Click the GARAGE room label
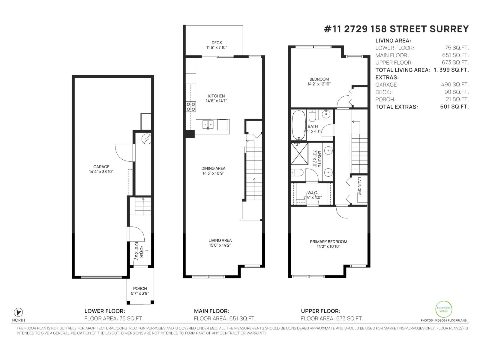(x=101, y=167)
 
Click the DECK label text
(x=217, y=43)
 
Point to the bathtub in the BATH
(x=298, y=125)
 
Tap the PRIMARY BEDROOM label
(x=328, y=241)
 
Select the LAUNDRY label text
(x=359, y=186)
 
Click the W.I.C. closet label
(x=312, y=193)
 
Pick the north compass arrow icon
(x=19, y=312)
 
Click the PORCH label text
(x=140, y=289)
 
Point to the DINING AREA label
(x=213, y=168)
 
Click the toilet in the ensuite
(x=297, y=173)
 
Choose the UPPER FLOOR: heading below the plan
(x=320, y=311)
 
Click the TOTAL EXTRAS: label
(x=396, y=107)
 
